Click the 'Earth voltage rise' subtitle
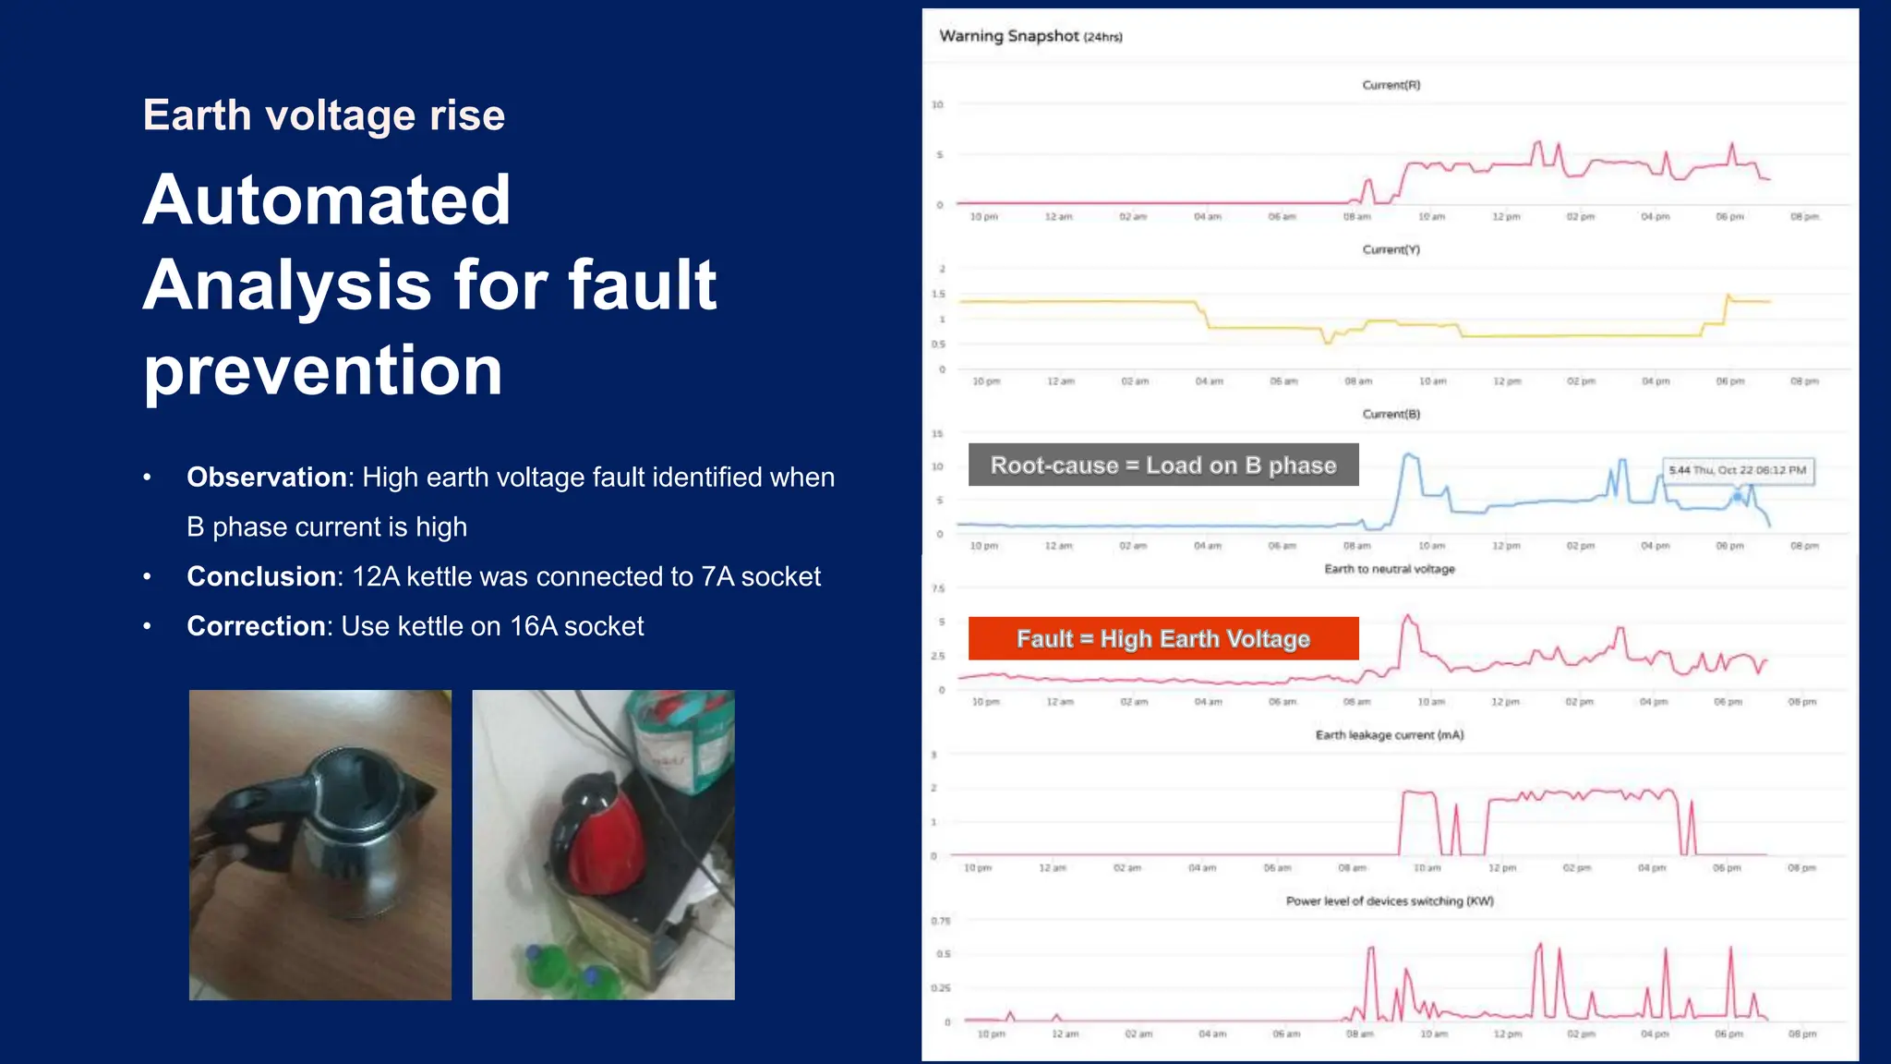(x=323, y=115)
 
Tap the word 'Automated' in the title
(x=327, y=199)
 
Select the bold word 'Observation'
(x=266, y=478)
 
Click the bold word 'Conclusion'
(x=262, y=576)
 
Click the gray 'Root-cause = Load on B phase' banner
(x=1162, y=465)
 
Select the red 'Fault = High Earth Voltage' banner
(x=1162, y=638)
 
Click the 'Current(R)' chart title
(x=1391, y=85)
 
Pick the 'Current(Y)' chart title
(x=1391, y=249)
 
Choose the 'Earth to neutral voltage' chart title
(x=1389, y=569)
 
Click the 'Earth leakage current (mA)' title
(x=1389, y=735)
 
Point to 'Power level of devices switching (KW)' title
(x=1389, y=901)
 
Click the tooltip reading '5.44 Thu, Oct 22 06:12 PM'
(x=1737, y=470)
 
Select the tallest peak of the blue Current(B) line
(x=1408, y=454)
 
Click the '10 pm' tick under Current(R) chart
(x=983, y=217)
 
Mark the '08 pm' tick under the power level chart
(x=1801, y=1034)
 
